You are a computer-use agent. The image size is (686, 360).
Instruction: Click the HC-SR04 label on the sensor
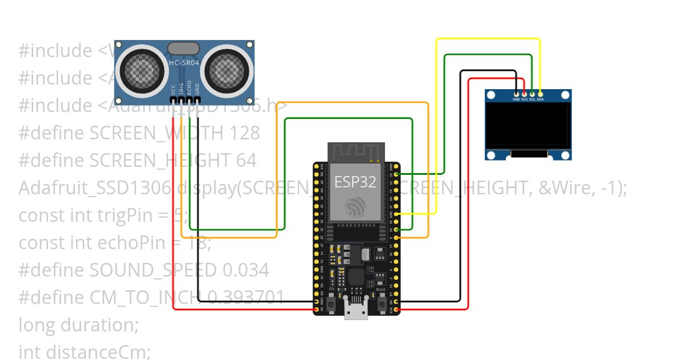[x=184, y=63]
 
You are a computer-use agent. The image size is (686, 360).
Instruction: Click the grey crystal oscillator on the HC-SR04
[x=184, y=48]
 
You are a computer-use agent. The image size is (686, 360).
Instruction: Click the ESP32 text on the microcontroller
[x=355, y=182]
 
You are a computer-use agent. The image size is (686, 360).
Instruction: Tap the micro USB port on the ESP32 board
[x=356, y=308]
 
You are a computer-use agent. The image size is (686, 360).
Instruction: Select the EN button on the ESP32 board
[x=332, y=303]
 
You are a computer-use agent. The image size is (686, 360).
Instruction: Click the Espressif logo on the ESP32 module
[x=355, y=206]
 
